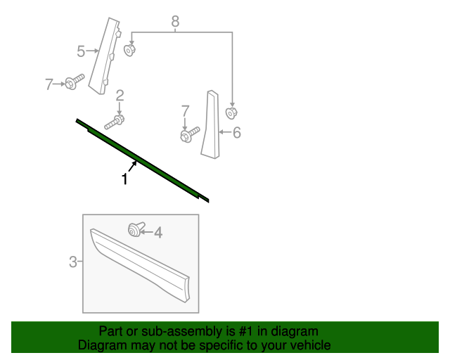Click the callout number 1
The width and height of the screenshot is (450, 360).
124,179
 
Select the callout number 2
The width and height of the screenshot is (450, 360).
120,96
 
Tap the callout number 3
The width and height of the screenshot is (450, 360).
73,262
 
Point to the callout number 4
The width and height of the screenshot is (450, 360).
157,232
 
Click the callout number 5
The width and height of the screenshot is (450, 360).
81,51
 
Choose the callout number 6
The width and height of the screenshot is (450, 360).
236,132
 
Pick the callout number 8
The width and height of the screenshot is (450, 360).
175,22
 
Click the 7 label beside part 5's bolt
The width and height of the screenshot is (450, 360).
49,84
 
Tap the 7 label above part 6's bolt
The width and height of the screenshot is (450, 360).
185,110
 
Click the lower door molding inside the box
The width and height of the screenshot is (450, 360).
141,264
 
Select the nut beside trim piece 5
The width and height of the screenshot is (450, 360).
129,50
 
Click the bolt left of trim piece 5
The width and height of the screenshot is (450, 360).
74,82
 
